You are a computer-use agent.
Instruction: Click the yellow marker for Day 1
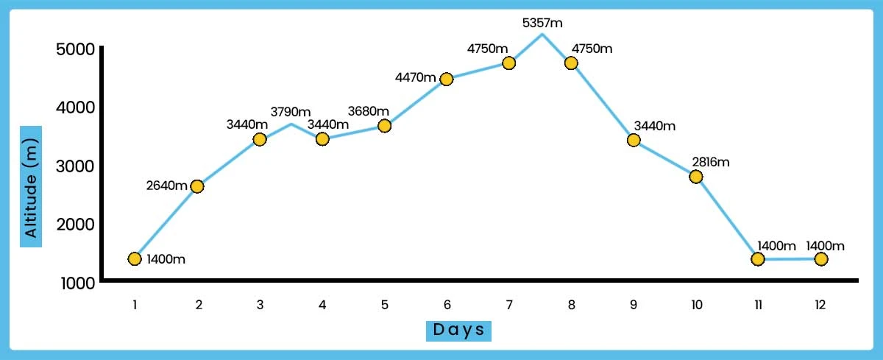coord(134,258)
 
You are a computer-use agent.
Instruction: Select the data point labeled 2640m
coord(196,186)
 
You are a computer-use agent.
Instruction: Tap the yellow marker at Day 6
coord(446,79)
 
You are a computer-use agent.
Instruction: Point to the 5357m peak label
coord(542,24)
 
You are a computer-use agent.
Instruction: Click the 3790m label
coord(291,112)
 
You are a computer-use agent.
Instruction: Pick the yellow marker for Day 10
coord(696,177)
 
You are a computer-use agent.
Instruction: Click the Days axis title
coord(458,329)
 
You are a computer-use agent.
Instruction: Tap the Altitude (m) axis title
coord(31,186)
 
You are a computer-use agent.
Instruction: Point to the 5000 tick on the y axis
coord(74,49)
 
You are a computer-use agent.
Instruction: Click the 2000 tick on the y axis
coord(74,225)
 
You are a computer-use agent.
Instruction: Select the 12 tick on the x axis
coord(821,303)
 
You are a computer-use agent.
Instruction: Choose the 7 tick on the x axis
coord(508,303)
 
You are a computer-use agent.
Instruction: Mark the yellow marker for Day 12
coord(821,259)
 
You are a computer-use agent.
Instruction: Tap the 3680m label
coord(368,111)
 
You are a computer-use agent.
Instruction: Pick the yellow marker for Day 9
coord(634,140)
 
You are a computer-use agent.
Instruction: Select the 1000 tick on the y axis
coord(74,283)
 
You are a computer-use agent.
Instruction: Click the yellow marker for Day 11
coord(758,259)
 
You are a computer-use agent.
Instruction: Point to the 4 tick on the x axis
coord(322,303)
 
